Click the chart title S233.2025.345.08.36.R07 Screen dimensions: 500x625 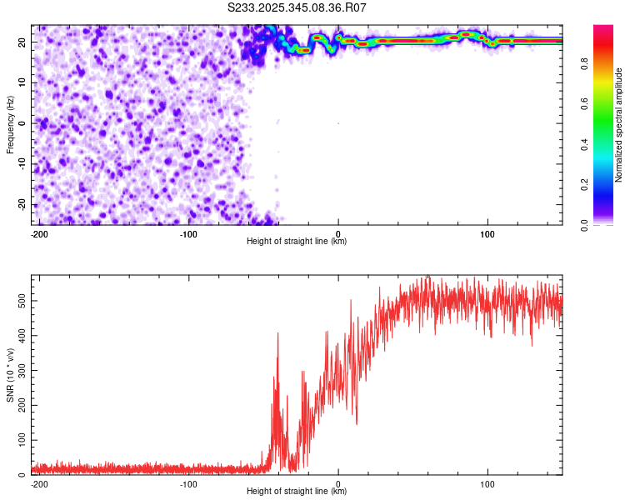point(297,7)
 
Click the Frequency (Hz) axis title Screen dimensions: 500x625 point(10,123)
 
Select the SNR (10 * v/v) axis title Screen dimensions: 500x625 point(10,374)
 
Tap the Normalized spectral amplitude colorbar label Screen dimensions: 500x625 point(619,125)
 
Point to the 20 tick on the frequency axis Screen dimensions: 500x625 point(21,42)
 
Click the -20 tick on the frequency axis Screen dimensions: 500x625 point(19,204)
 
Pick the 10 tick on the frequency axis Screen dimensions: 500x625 point(21,82)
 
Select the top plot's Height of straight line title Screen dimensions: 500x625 point(297,242)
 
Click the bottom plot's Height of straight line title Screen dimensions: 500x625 point(297,492)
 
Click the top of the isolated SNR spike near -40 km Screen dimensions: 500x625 point(277,334)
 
